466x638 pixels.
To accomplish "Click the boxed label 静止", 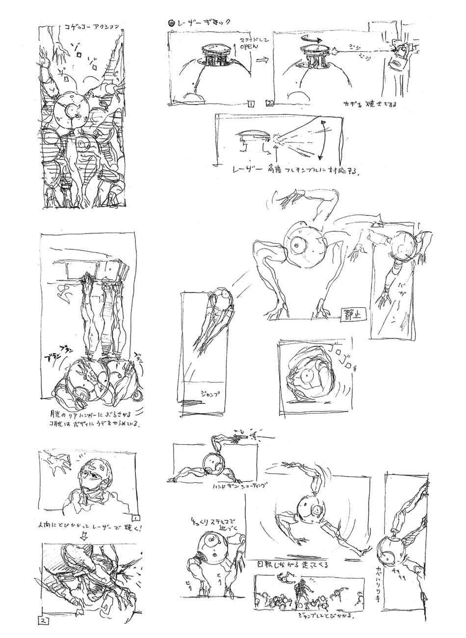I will tap(351, 314).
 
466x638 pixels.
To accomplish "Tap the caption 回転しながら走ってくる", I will tap(293, 564).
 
